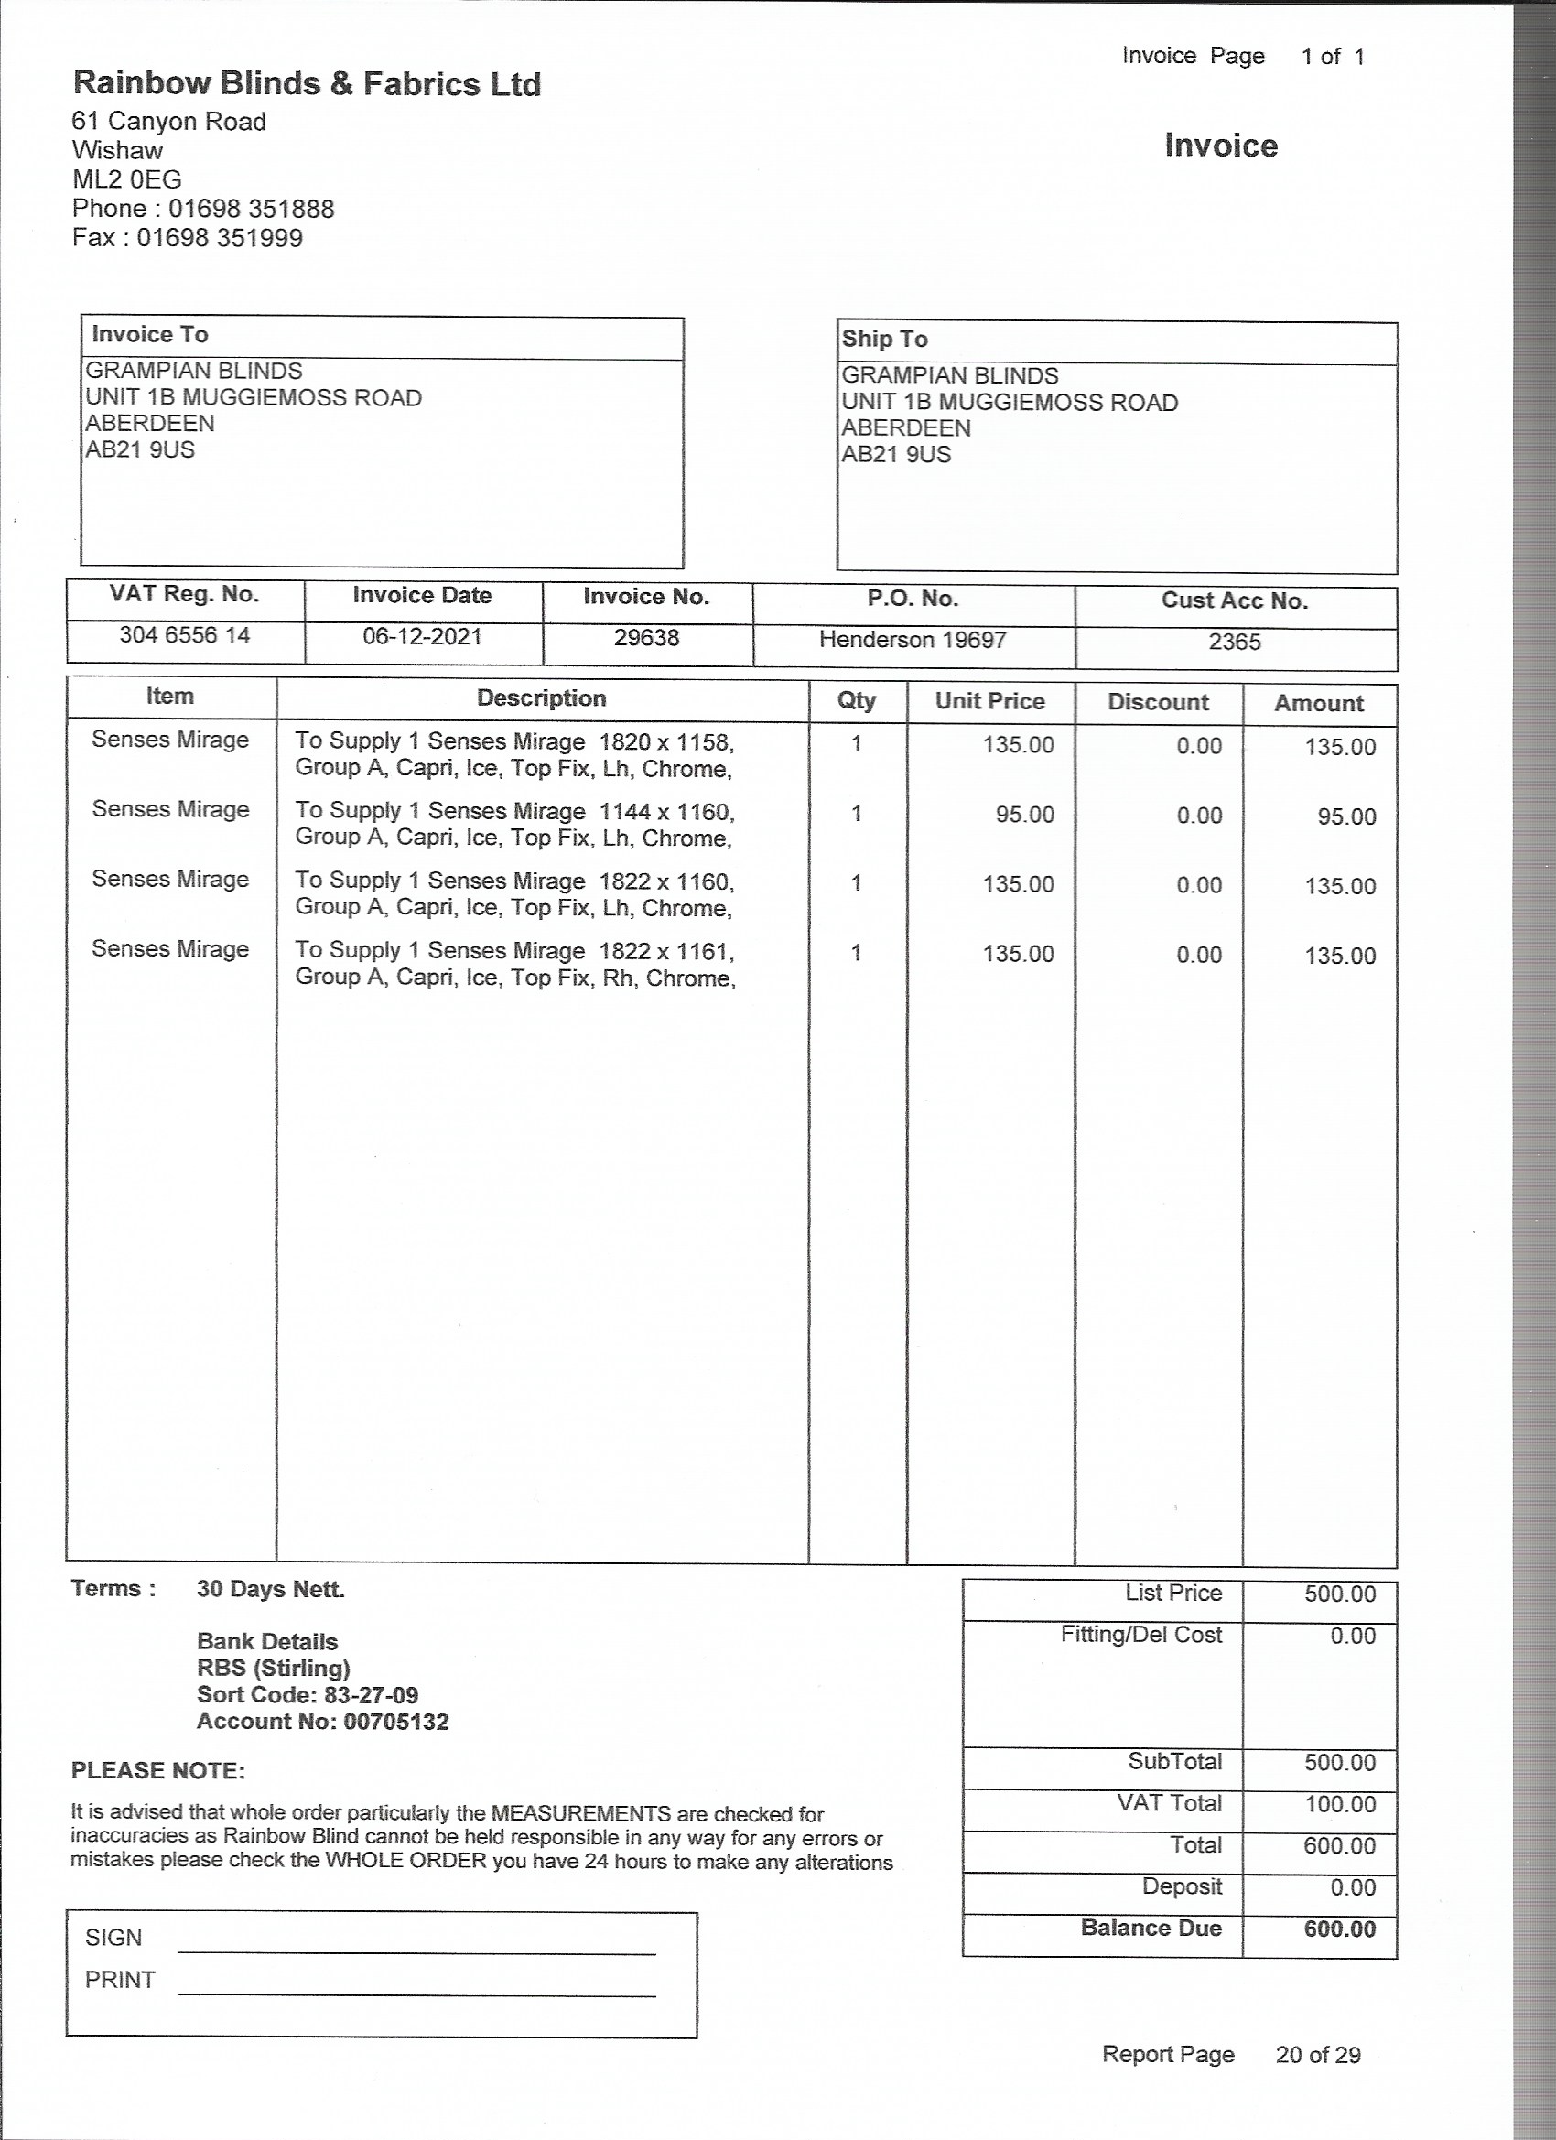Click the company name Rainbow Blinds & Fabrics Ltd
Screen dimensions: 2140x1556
point(307,84)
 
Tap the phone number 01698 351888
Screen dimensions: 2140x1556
point(251,209)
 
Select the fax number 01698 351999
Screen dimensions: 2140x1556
point(219,238)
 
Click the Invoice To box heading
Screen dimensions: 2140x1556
point(150,335)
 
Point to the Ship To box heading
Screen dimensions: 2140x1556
point(884,339)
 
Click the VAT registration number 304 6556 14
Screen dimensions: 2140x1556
point(184,635)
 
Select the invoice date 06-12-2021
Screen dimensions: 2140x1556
point(422,636)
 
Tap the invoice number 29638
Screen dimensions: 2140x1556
point(646,638)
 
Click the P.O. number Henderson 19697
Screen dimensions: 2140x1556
point(913,640)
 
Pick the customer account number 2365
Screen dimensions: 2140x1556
point(1234,642)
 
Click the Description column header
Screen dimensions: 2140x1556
point(541,698)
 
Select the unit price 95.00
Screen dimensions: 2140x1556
point(1025,815)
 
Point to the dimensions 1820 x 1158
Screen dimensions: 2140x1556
point(665,741)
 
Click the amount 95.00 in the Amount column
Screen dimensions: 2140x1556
point(1346,816)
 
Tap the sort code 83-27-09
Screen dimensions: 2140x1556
point(371,1694)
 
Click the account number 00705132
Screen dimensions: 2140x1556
point(395,1721)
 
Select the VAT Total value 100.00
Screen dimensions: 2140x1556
point(1340,1804)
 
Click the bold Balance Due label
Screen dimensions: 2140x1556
point(1151,1928)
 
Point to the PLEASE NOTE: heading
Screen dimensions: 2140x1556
point(157,1771)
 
